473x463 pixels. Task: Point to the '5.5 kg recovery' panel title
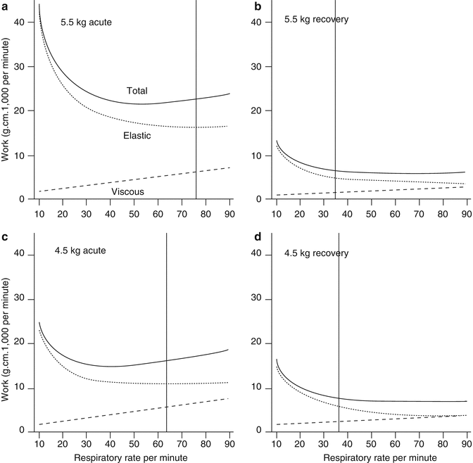pyautogui.click(x=317, y=19)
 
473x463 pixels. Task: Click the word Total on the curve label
pyautogui.click(x=137, y=91)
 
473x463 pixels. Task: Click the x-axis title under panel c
pyautogui.click(x=134, y=456)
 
